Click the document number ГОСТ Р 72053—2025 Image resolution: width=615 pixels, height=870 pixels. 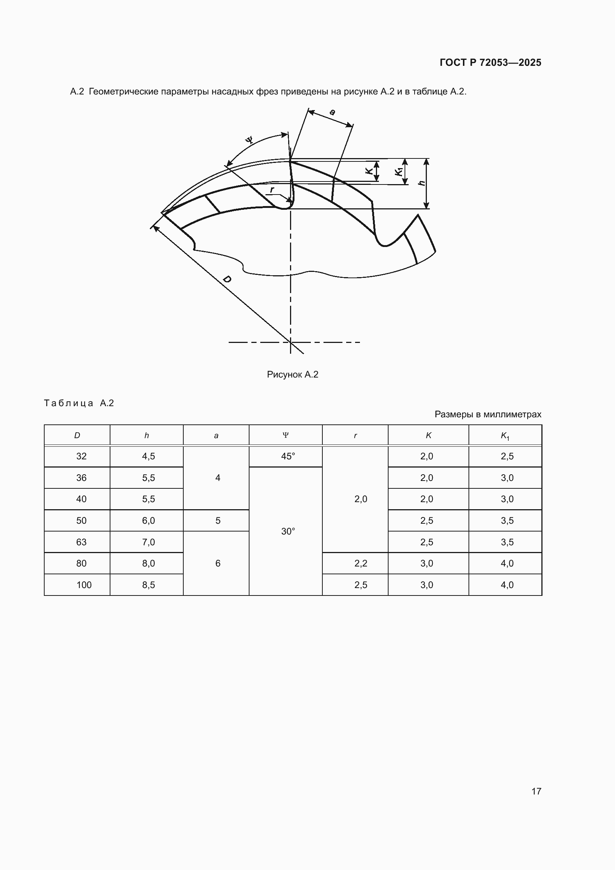point(490,62)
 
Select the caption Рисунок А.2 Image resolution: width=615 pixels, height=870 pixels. point(292,375)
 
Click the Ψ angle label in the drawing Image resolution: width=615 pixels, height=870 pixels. point(249,140)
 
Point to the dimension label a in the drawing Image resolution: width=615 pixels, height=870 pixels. point(332,112)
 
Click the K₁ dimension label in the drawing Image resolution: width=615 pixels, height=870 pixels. point(398,171)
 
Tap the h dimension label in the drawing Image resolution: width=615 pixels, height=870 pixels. point(421,183)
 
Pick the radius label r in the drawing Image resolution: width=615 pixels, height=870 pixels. point(272,189)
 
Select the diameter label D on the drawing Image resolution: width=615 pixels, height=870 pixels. point(227,280)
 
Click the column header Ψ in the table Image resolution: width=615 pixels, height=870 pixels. point(286,435)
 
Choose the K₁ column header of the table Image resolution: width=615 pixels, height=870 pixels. point(505,436)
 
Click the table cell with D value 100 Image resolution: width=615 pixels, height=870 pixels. point(84,585)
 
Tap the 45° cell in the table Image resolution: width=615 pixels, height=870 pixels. point(288,456)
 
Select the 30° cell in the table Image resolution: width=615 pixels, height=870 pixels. point(288,531)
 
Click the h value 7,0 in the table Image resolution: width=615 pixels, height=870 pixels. point(148,542)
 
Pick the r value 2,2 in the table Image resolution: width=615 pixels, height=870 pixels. point(361,564)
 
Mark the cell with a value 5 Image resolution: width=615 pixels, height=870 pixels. point(218,521)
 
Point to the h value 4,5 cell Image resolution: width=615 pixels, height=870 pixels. point(148,456)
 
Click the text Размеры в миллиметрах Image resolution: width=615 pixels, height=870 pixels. point(488,414)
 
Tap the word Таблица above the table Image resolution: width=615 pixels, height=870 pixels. point(68,403)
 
